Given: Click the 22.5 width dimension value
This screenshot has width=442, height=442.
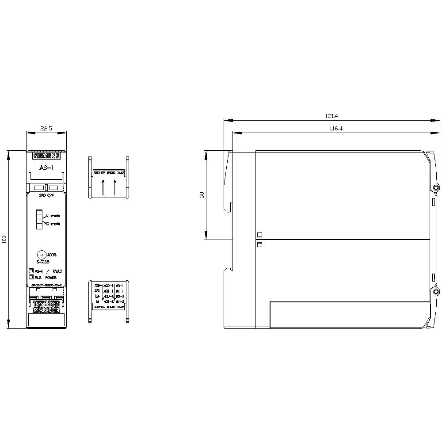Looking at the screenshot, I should point(46,128).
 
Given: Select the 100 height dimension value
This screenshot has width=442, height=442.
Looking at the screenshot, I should point(5,240).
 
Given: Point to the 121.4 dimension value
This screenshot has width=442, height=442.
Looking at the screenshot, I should point(331,116).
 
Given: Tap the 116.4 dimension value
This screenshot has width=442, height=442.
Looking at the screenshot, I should point(336,128).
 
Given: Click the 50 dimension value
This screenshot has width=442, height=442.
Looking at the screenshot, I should point(202,195).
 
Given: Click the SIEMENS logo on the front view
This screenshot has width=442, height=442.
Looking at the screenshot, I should point(46,156).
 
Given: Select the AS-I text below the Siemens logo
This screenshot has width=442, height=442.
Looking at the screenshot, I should point(46,168).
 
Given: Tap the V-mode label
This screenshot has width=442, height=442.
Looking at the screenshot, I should point(53,216).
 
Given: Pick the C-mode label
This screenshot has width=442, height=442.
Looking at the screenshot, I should point(53,224).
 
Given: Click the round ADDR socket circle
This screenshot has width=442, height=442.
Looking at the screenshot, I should point(41,255).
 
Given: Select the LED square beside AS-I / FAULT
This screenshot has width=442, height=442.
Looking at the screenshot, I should point(31,271).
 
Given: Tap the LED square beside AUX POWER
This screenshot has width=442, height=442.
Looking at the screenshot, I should point(31,277).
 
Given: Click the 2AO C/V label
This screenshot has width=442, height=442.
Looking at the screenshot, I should point(46,194).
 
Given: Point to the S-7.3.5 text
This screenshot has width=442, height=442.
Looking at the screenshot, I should point(43,262).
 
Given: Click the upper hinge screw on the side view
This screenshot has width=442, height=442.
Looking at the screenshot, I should point(436,188).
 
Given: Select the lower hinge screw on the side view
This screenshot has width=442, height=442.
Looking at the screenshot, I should point(436,292).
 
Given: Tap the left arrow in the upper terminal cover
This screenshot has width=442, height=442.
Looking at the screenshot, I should point(103,187).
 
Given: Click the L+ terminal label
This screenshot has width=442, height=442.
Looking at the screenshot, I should point(97,296).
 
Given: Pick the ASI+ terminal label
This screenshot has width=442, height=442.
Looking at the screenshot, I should point(98,286).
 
